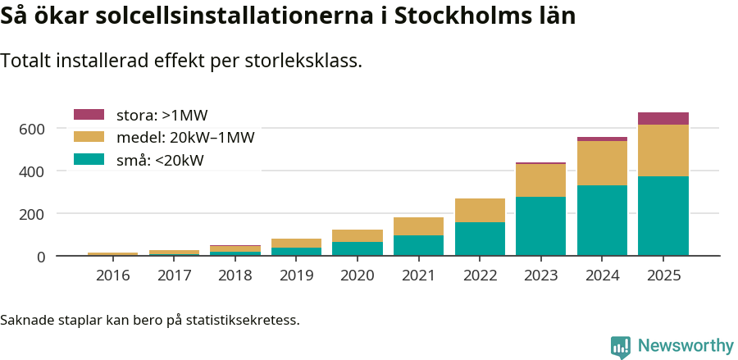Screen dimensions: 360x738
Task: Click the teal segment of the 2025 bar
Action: coord(663,216)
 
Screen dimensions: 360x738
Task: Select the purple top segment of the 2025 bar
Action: coord(663,118)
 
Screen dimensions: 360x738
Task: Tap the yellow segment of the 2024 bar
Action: coord(602,163)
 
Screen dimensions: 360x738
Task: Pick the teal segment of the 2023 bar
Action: coord(540,226)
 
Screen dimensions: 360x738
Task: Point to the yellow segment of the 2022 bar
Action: coord(480,210)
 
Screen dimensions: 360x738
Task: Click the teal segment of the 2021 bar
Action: coord(418,245)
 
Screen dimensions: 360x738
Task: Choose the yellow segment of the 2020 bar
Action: coord(357,235)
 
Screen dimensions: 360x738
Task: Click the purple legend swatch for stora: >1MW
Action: coord(89,115)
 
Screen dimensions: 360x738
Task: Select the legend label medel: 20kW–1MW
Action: coord(184,137)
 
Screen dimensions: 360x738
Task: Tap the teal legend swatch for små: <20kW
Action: coord(89,159)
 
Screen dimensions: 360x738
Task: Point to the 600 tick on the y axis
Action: coord(32,129)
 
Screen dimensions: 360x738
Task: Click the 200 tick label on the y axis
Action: coord(32,214)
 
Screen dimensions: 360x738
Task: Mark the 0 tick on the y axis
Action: coord(39,257)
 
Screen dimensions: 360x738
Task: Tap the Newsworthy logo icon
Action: coord(621,346)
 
